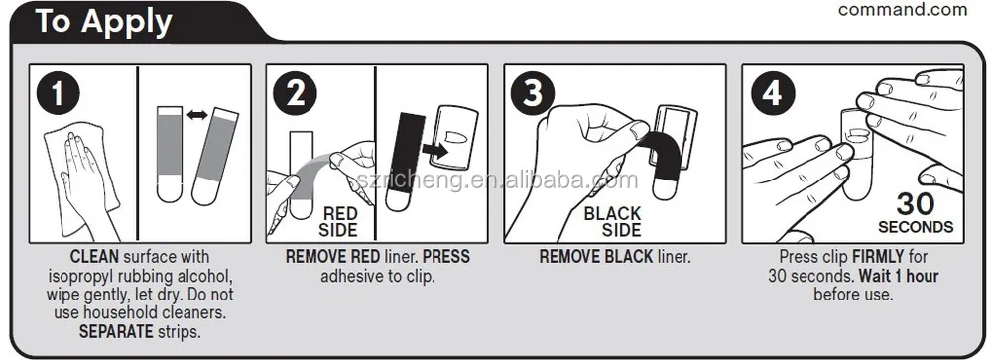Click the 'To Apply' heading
tap(104, 21)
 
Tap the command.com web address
tap(903, 10)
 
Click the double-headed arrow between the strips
tap(197, 114)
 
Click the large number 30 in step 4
tap(916, 204)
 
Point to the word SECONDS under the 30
tap(916, 226)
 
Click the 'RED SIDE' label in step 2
tap(339, 221)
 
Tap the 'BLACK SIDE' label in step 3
tap(612, 221)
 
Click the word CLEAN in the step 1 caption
tap(94, 257)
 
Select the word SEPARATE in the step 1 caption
tap(116, 331)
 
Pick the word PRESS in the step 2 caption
tap(446, 257)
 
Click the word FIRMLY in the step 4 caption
tap(878, 257)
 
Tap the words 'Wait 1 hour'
tap(899, 276)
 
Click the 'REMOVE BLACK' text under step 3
tap(596, 257)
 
